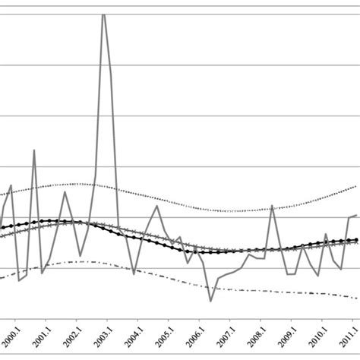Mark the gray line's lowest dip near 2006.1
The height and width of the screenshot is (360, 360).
(211, 302)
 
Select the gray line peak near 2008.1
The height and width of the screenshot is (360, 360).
(272, 205)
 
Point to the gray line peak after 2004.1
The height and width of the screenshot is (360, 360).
(156, 206)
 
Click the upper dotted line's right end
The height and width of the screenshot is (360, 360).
(357, 185)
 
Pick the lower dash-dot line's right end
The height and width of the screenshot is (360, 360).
(357, 298)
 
